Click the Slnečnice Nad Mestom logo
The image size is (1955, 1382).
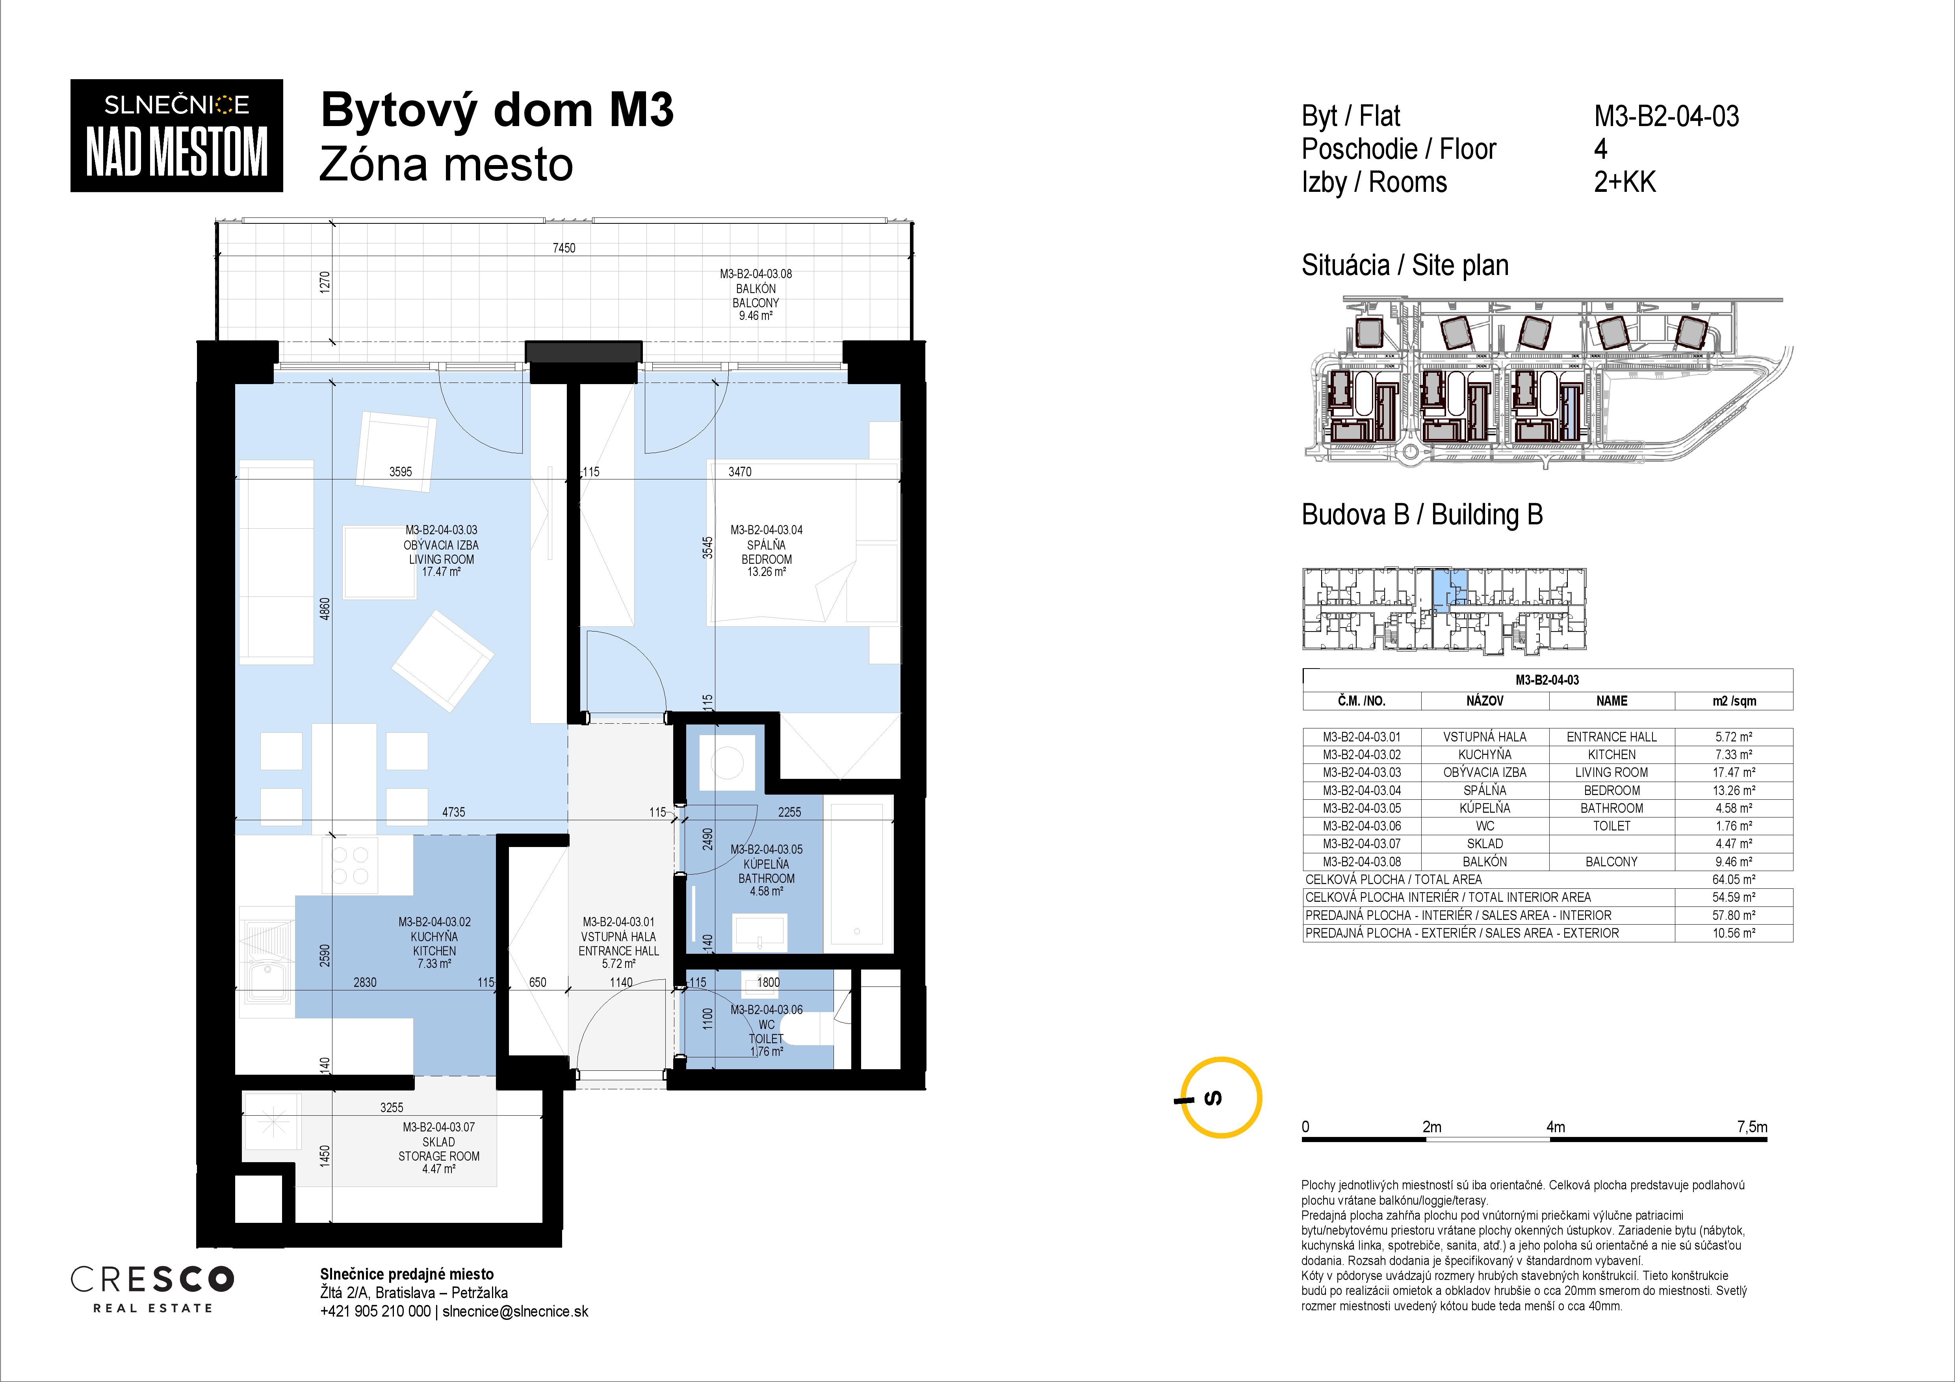(x=176, y=136)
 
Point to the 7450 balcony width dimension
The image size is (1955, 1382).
(x=564, y=248)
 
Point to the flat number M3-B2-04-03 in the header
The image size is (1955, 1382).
(x=1666, y=116)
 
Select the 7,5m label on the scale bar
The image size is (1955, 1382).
(x=1751, y=1127)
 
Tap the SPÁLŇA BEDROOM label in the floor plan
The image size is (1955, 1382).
(x=766, y=552)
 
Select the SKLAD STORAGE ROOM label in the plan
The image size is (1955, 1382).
(x=438, y=1149)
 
